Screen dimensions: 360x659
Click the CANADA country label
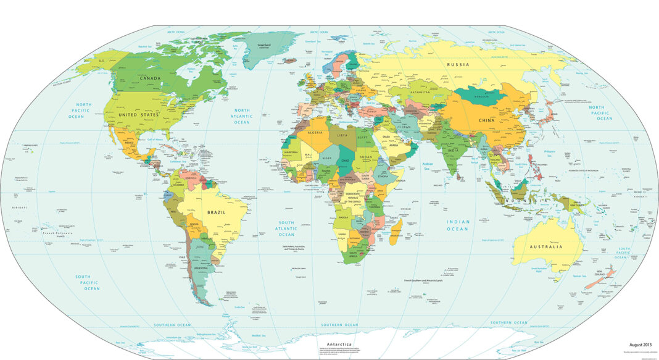tap(151, 78)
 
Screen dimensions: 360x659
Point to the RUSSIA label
tap(458, 64)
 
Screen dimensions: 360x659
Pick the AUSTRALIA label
tap(546, 246)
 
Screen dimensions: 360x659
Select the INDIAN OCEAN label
tap(459, 225)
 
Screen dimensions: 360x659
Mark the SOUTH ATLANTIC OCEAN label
tap(286, 228)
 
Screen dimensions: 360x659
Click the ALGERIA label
tap(310, 133)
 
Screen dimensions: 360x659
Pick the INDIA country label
tap(453, 150)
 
